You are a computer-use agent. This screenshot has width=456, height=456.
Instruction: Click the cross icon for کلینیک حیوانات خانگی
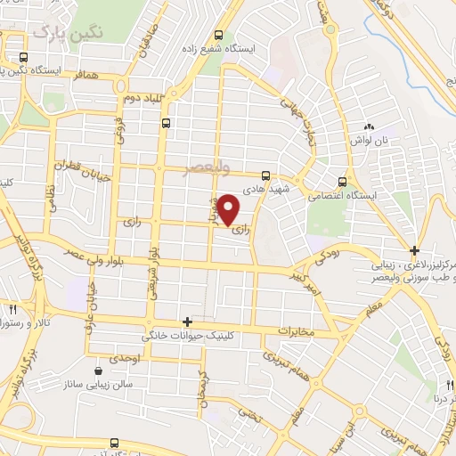(x=187, y=321)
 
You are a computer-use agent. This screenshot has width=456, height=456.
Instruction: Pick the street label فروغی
(x=118, y=134)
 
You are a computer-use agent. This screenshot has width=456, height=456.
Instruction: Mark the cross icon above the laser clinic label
(x=413, y=249)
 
